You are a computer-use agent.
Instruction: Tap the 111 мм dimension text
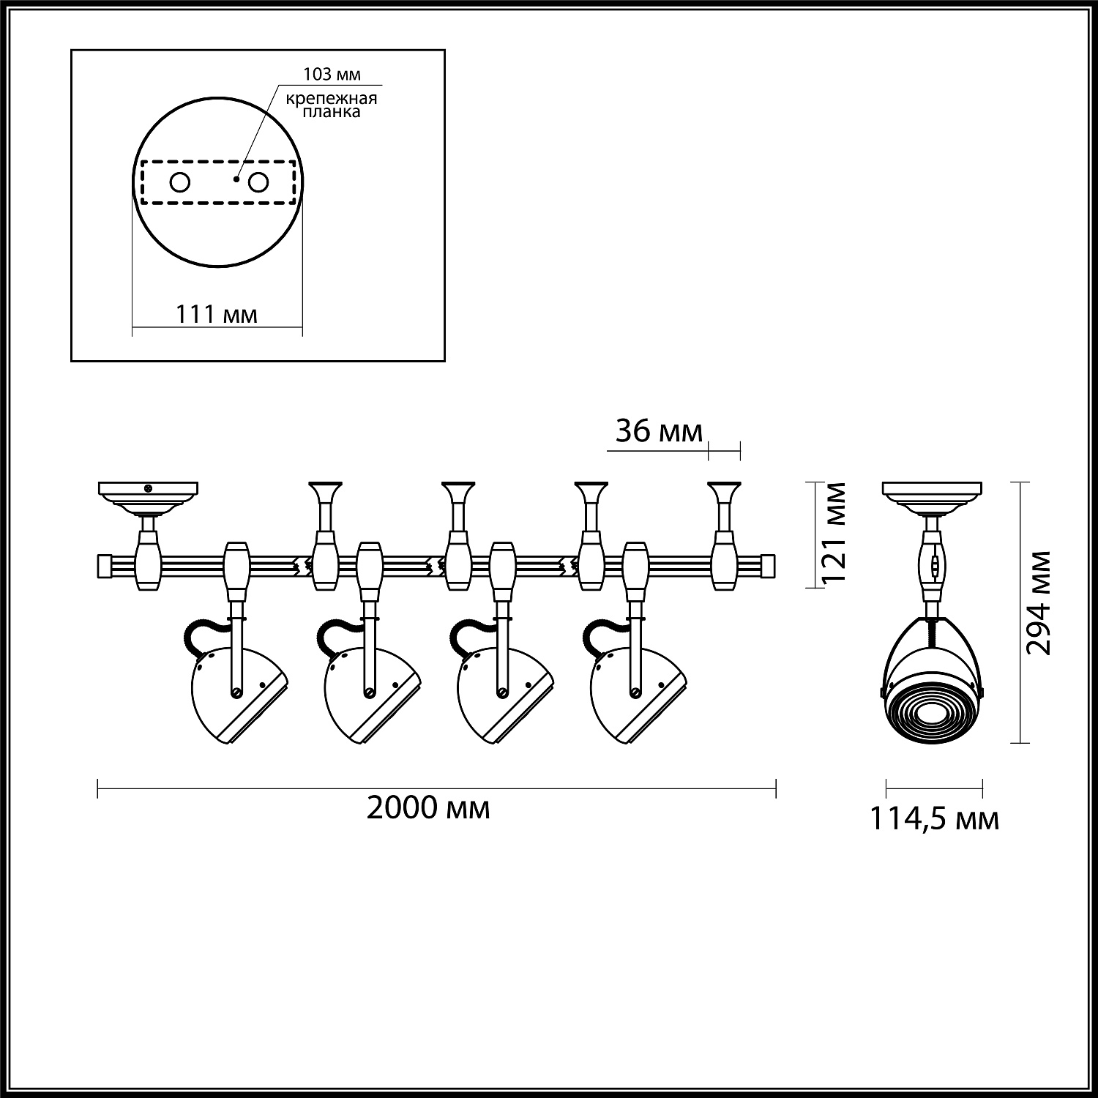click(216, 315)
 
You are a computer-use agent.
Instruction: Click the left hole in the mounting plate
click(180, 182)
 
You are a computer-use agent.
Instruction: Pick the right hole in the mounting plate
click(258, 182)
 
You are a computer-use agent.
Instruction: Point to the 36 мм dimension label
click(658, 431)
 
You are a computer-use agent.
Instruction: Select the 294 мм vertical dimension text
click(1038, 602)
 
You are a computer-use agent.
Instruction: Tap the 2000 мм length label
click(428, 808)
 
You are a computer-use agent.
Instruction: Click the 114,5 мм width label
click(933, 819)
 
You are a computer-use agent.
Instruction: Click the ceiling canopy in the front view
click(933, 495)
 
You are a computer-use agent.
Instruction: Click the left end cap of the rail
click(104, 565)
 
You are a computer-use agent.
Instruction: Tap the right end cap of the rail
click(768, 565)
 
